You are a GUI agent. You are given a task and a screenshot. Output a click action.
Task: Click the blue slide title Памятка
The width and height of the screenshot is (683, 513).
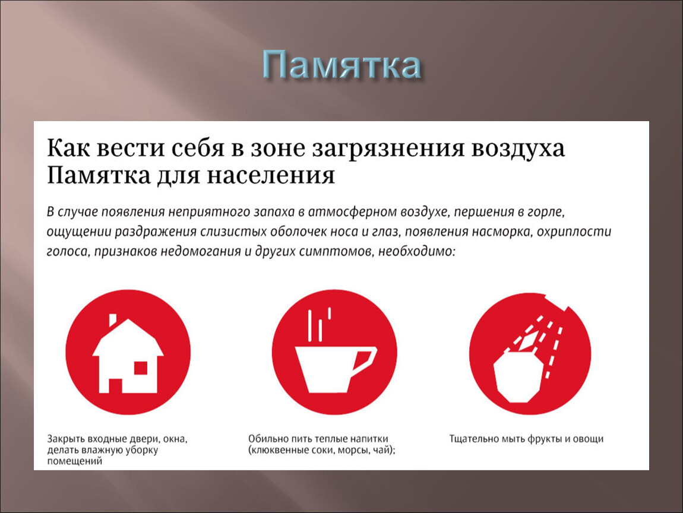click(x=342, y=65)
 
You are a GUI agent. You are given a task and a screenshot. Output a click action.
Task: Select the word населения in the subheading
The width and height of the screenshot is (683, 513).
click(x=270, y=176)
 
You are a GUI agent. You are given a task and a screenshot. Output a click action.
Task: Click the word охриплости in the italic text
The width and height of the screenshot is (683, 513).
click(x=574, y=231)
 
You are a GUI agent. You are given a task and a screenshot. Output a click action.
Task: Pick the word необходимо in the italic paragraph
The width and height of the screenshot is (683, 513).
click(x=416, y=251)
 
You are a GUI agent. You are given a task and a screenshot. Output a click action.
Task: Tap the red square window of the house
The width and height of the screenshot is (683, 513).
click(x=141, y=368)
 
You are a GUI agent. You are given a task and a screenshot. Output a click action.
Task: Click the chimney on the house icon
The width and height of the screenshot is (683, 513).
click(x=113, y=320)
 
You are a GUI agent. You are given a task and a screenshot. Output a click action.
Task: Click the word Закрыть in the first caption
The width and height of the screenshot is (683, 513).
click(x=66, y=439)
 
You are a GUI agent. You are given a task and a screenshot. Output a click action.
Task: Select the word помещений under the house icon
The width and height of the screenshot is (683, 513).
click(x=74, y=461)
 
